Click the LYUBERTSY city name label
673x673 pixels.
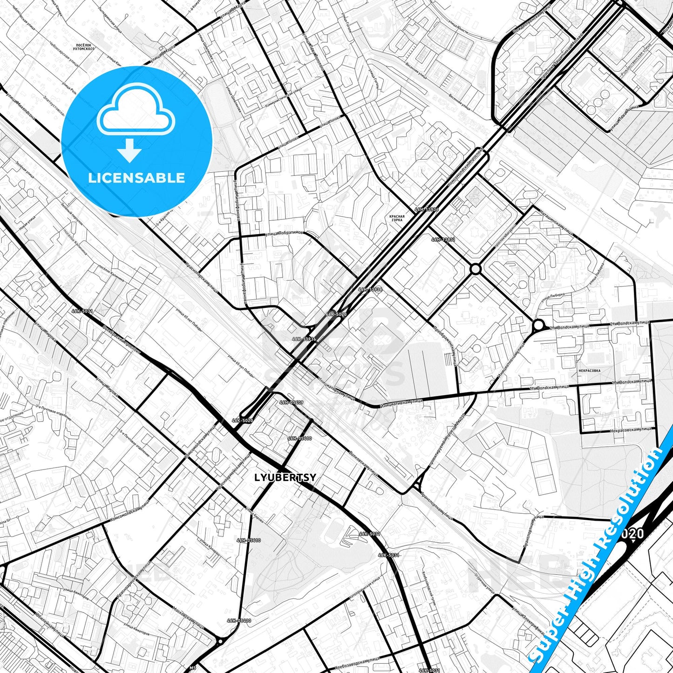pos(285,477)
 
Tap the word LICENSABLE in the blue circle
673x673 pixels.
pos(137,178)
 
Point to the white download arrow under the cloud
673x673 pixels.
pos(129,151)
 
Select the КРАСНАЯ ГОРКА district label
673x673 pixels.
pos(397,218)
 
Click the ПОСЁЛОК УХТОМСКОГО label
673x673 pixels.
pos(85,47)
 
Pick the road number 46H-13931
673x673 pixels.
pos(443,239)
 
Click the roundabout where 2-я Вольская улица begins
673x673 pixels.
pos(538,325)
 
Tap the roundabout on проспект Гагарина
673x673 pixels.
pos(475,269)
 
